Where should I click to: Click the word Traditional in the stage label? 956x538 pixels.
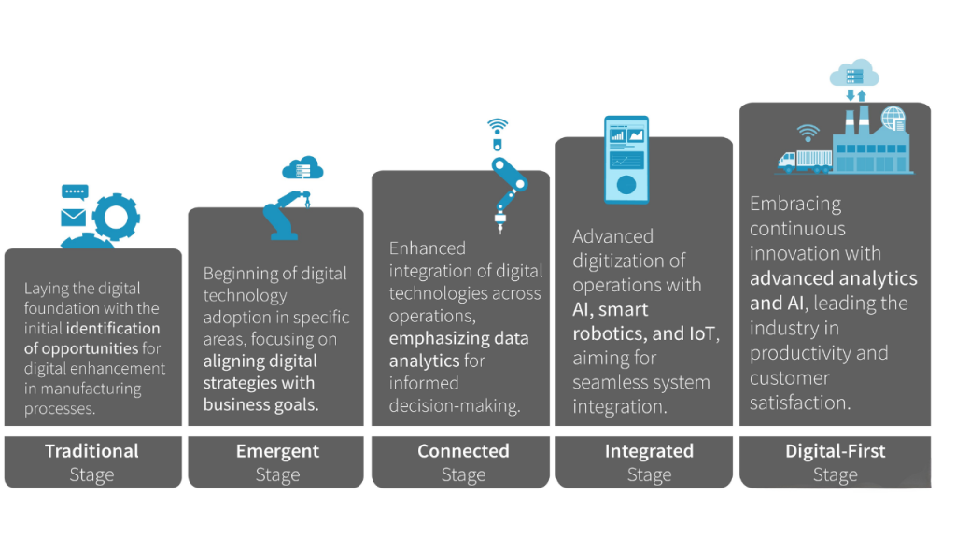point(91,451)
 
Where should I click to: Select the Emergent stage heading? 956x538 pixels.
point(277,451)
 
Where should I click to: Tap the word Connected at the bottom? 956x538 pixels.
point(463,451)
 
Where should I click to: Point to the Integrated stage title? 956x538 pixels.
point(650,451)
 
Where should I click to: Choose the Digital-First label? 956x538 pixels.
point(836,451)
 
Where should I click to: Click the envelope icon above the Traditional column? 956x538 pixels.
point(73,217)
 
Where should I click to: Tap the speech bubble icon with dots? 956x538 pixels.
point(75,192)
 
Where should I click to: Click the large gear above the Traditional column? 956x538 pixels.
point(116,217)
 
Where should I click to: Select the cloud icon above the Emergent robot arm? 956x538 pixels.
point(302,168)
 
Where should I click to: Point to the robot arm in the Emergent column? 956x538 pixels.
point(286,216)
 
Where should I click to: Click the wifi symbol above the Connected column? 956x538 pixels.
point(498,126)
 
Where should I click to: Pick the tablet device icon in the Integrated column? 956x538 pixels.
point(626,159)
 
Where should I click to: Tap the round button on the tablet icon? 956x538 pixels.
point(626,185)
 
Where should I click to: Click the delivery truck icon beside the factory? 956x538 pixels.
point(805,161)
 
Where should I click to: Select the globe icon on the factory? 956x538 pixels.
point(893,119)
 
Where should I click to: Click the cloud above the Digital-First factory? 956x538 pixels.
point(854,73)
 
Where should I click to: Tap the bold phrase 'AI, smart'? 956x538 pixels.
point(610,309)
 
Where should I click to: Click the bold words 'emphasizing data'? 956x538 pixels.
point(458,338)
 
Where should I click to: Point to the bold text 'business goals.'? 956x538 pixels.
point(261,404)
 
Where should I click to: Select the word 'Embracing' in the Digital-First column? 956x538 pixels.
point(795,203)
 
